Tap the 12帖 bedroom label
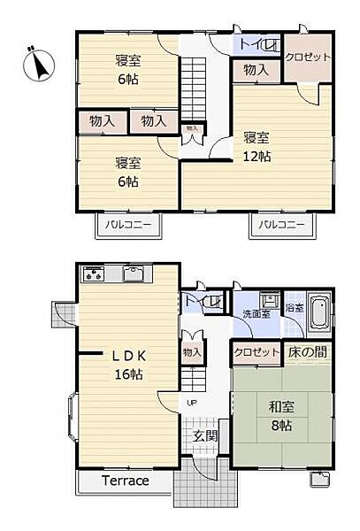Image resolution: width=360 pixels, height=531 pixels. pyautogui.click(x=257, y=147)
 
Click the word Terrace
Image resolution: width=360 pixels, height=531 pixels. pyautogui.click(x=124, y=481)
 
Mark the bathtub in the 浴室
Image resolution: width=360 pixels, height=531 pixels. pyautogui.click(x=319, y=313)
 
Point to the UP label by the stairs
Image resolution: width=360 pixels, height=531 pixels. pyautogui.click(x=191, y=403)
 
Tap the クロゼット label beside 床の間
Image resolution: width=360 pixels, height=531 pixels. pyautogui.click(x=257, y=352)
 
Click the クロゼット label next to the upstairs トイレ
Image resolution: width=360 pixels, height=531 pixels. pyautogui.click(x=308, y=57)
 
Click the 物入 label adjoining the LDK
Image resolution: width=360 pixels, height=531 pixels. pyautogui.click(x=192, y=352)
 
